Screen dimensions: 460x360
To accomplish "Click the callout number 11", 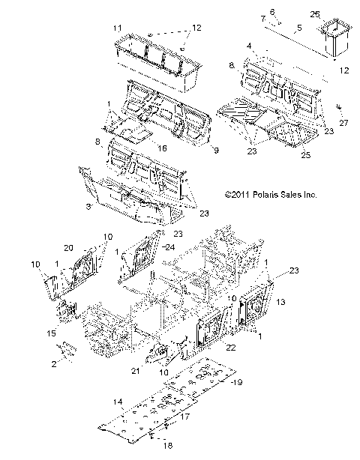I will pos(117,28).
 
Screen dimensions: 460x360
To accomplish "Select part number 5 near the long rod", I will pos(298,28).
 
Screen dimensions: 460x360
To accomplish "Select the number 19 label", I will pos(236,382).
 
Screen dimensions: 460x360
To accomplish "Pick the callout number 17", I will pos(184,416).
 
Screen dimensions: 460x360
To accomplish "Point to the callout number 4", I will pos(248,46).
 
